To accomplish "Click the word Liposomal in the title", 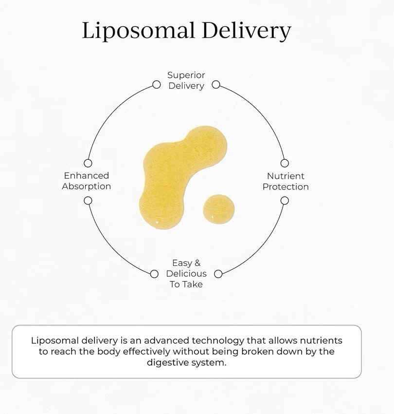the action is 138,31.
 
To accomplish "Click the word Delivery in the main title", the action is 247,31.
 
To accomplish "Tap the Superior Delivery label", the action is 186,80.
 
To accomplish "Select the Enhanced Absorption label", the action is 87,181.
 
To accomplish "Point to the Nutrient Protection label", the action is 286,181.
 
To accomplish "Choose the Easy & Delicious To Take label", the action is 186,274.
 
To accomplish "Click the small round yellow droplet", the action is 218,209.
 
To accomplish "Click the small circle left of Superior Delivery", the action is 157,85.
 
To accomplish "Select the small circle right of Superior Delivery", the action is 216,85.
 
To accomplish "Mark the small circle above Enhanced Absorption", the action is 88,163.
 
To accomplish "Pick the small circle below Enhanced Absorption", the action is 88,201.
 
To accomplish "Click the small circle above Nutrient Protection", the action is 285,163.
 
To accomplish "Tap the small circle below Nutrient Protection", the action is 285,201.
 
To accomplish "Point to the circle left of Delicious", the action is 154,274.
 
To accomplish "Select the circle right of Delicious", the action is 218,274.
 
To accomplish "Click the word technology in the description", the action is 218,341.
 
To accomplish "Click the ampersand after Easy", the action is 197,263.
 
